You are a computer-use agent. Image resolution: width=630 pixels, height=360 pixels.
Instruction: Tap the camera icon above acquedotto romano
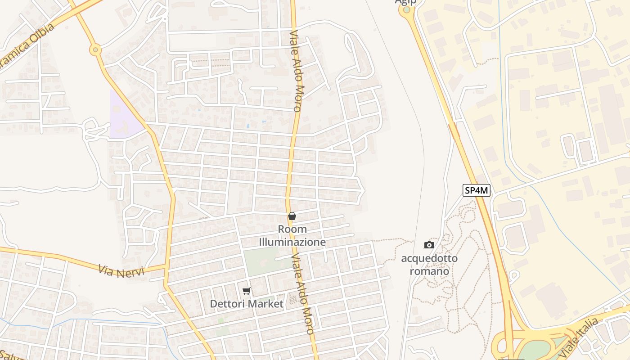tap(429, 245)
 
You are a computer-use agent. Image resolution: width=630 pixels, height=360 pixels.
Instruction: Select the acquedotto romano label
tap(429, 265)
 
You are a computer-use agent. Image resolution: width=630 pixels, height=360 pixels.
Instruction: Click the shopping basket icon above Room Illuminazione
tap(292, 216)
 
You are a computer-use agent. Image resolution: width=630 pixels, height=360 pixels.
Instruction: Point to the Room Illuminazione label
tap(292, 235)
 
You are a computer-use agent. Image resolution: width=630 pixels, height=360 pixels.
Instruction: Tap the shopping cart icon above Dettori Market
tap(246, 291)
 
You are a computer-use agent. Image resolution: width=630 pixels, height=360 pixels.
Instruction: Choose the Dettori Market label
tap(247, 304)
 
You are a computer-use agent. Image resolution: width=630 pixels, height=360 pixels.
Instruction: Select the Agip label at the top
tap(405, 2)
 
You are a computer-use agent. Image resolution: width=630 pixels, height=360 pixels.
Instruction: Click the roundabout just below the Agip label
tap(407, 10)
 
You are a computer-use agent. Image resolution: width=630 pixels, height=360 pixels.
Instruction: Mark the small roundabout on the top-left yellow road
tap(95, 50)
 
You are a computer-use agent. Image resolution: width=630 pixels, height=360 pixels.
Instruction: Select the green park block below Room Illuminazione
tap(261, 261)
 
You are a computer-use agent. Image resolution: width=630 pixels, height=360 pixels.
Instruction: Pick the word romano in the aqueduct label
tap(429, 271)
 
